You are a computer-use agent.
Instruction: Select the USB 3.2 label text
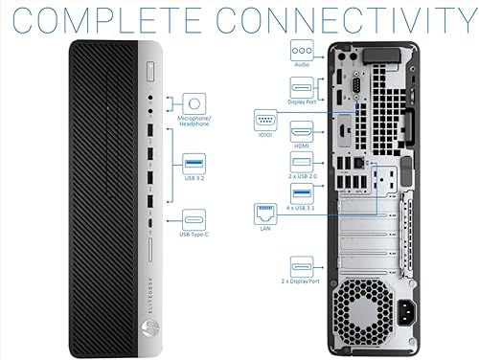point(194,176)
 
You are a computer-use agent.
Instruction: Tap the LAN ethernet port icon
point(265,214)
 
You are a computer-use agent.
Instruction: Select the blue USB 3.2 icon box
point(194,159)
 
